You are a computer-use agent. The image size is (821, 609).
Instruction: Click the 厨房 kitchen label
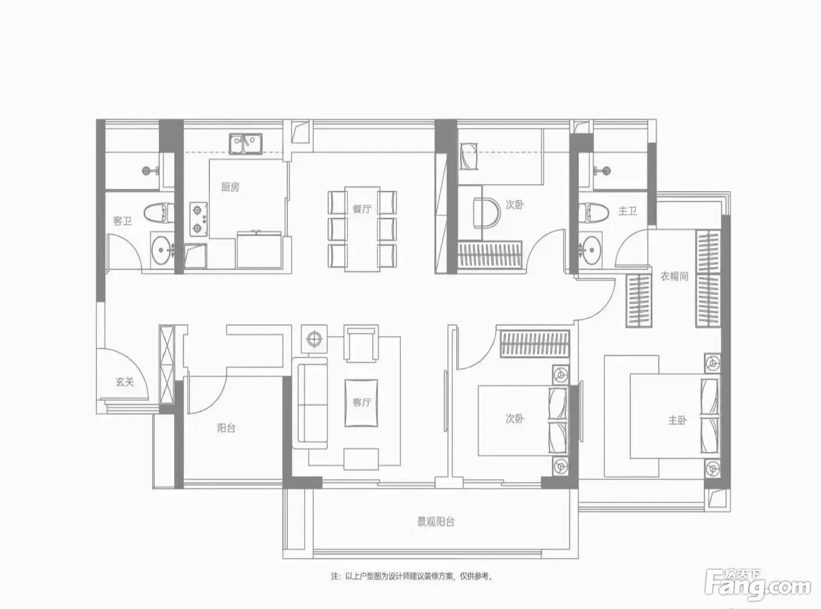pyautogui.click(x=230, y=187)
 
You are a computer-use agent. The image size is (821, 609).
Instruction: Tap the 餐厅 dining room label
pyautogui.click(x=362, y=209)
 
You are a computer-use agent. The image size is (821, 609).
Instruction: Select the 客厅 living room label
pyautogui.click(x=362, y=402)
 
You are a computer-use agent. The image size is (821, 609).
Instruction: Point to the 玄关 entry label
pyautogui.click(x=124, y=382)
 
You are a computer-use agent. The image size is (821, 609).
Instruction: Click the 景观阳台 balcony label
pyautogui.click(x=436, y=522)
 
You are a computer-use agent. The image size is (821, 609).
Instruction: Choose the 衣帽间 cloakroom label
pyautogui.click(x=674, y=277)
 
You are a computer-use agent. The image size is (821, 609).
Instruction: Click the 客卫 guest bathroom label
pyautogui.click(x=122, y=221)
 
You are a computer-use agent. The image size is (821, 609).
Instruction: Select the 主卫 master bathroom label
pyautogui.click(x=627, y=211)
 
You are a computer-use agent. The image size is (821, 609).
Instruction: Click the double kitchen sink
pyautogui.click(x=245, y=144)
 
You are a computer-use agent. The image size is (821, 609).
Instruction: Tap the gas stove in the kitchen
pyautogui.click(x=199, y=219)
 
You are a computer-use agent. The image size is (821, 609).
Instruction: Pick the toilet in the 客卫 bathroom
pyautogui.click(x=159, y=213)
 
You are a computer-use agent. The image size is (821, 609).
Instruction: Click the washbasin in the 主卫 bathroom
pyautogui.click(x=590, y=250)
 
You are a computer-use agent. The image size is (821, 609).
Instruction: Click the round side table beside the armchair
pyautogui.click(x=314, y=339)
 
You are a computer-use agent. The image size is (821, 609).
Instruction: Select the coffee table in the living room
pyautogui.click(x=361, y=403)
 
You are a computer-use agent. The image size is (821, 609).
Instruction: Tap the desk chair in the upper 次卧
pyautogui.click(x=487, y=212)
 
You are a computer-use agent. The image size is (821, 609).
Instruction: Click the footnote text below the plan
pyautogui.click(x=412, y=576)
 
